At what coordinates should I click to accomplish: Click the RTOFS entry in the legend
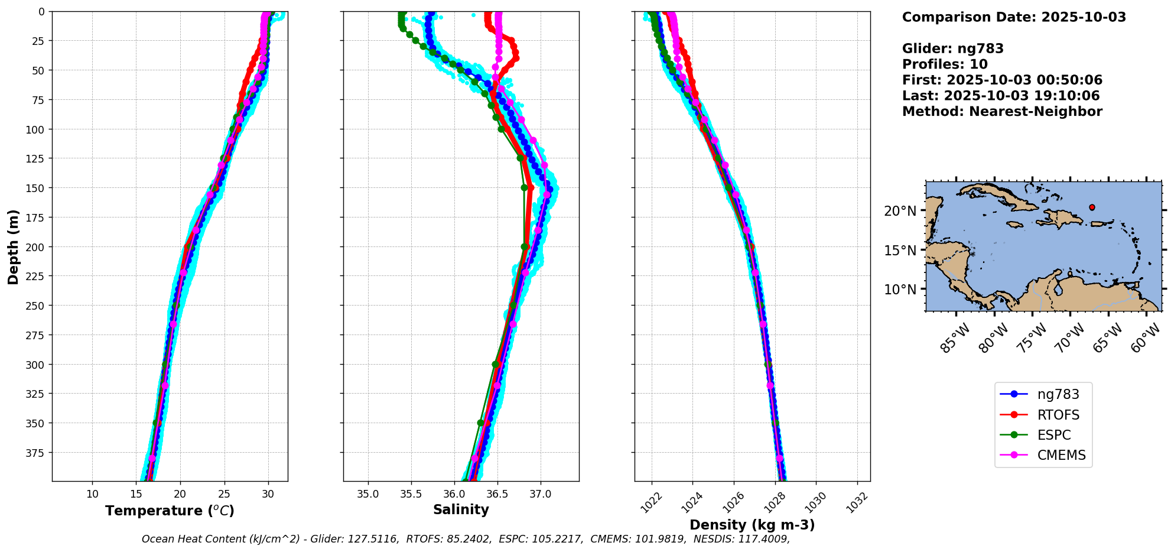point(1058,415)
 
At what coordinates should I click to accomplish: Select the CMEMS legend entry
point(1061,455)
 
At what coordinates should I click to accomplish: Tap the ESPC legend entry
point(1053,435)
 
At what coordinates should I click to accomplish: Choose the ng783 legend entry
point(1058,394)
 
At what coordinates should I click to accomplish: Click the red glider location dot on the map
point(1092,207)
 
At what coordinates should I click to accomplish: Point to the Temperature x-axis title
point(170,511)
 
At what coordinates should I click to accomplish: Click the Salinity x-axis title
point(461,509)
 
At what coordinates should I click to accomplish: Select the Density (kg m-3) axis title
point(752,525)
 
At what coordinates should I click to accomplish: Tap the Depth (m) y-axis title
point(14,246)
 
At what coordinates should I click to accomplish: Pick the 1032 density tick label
point(857,502)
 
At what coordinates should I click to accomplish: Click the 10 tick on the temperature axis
point(92,494)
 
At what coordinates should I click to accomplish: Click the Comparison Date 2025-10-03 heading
point(1014,17)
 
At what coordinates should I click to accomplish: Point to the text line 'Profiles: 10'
point(945,64)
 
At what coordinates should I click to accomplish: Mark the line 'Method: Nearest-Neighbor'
point(1002,112)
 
